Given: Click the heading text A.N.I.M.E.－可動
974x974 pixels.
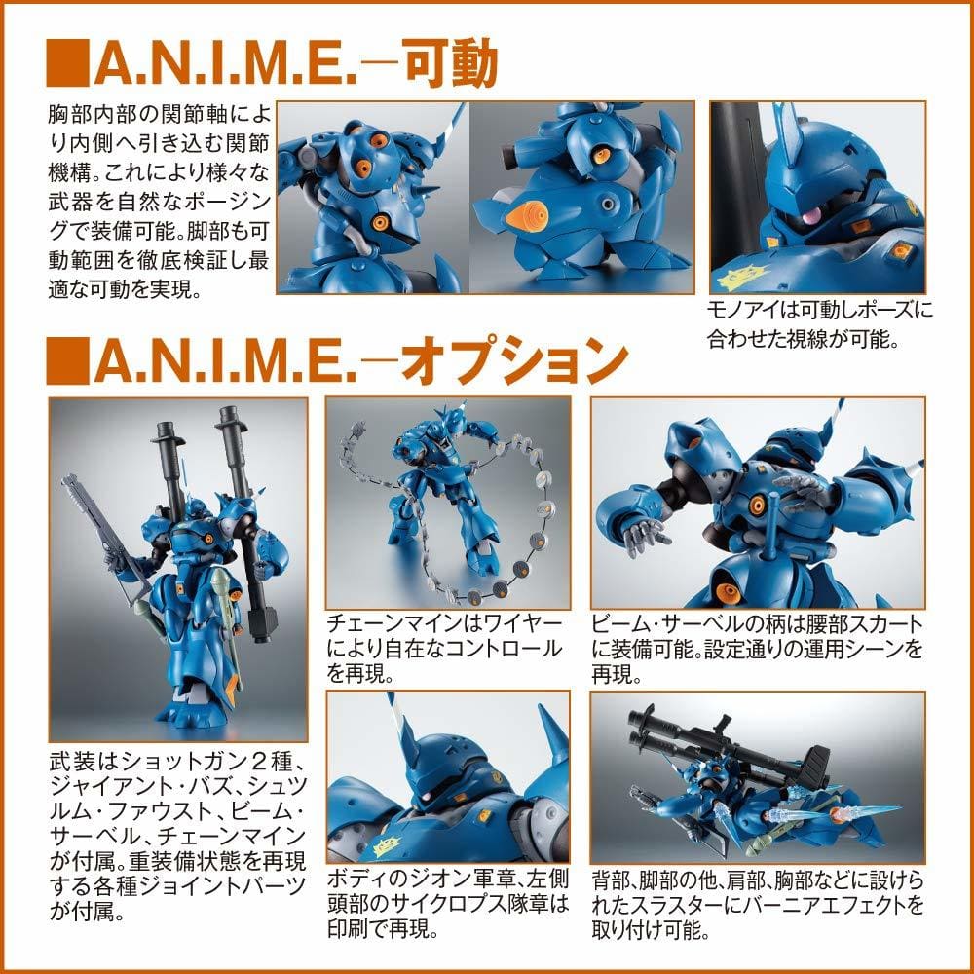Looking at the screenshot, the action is coord(296,62).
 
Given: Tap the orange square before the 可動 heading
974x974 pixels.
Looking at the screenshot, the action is coord(67,63).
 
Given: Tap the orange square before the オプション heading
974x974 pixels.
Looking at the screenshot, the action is coord(67,361).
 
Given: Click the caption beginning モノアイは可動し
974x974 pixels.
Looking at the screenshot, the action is coord(819,324).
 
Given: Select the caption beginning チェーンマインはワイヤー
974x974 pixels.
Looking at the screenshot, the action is coord(445,649).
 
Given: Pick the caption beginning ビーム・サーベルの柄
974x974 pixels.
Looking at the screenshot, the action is coord(757,649).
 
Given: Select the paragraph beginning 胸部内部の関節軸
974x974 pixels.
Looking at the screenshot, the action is coord(159,202).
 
